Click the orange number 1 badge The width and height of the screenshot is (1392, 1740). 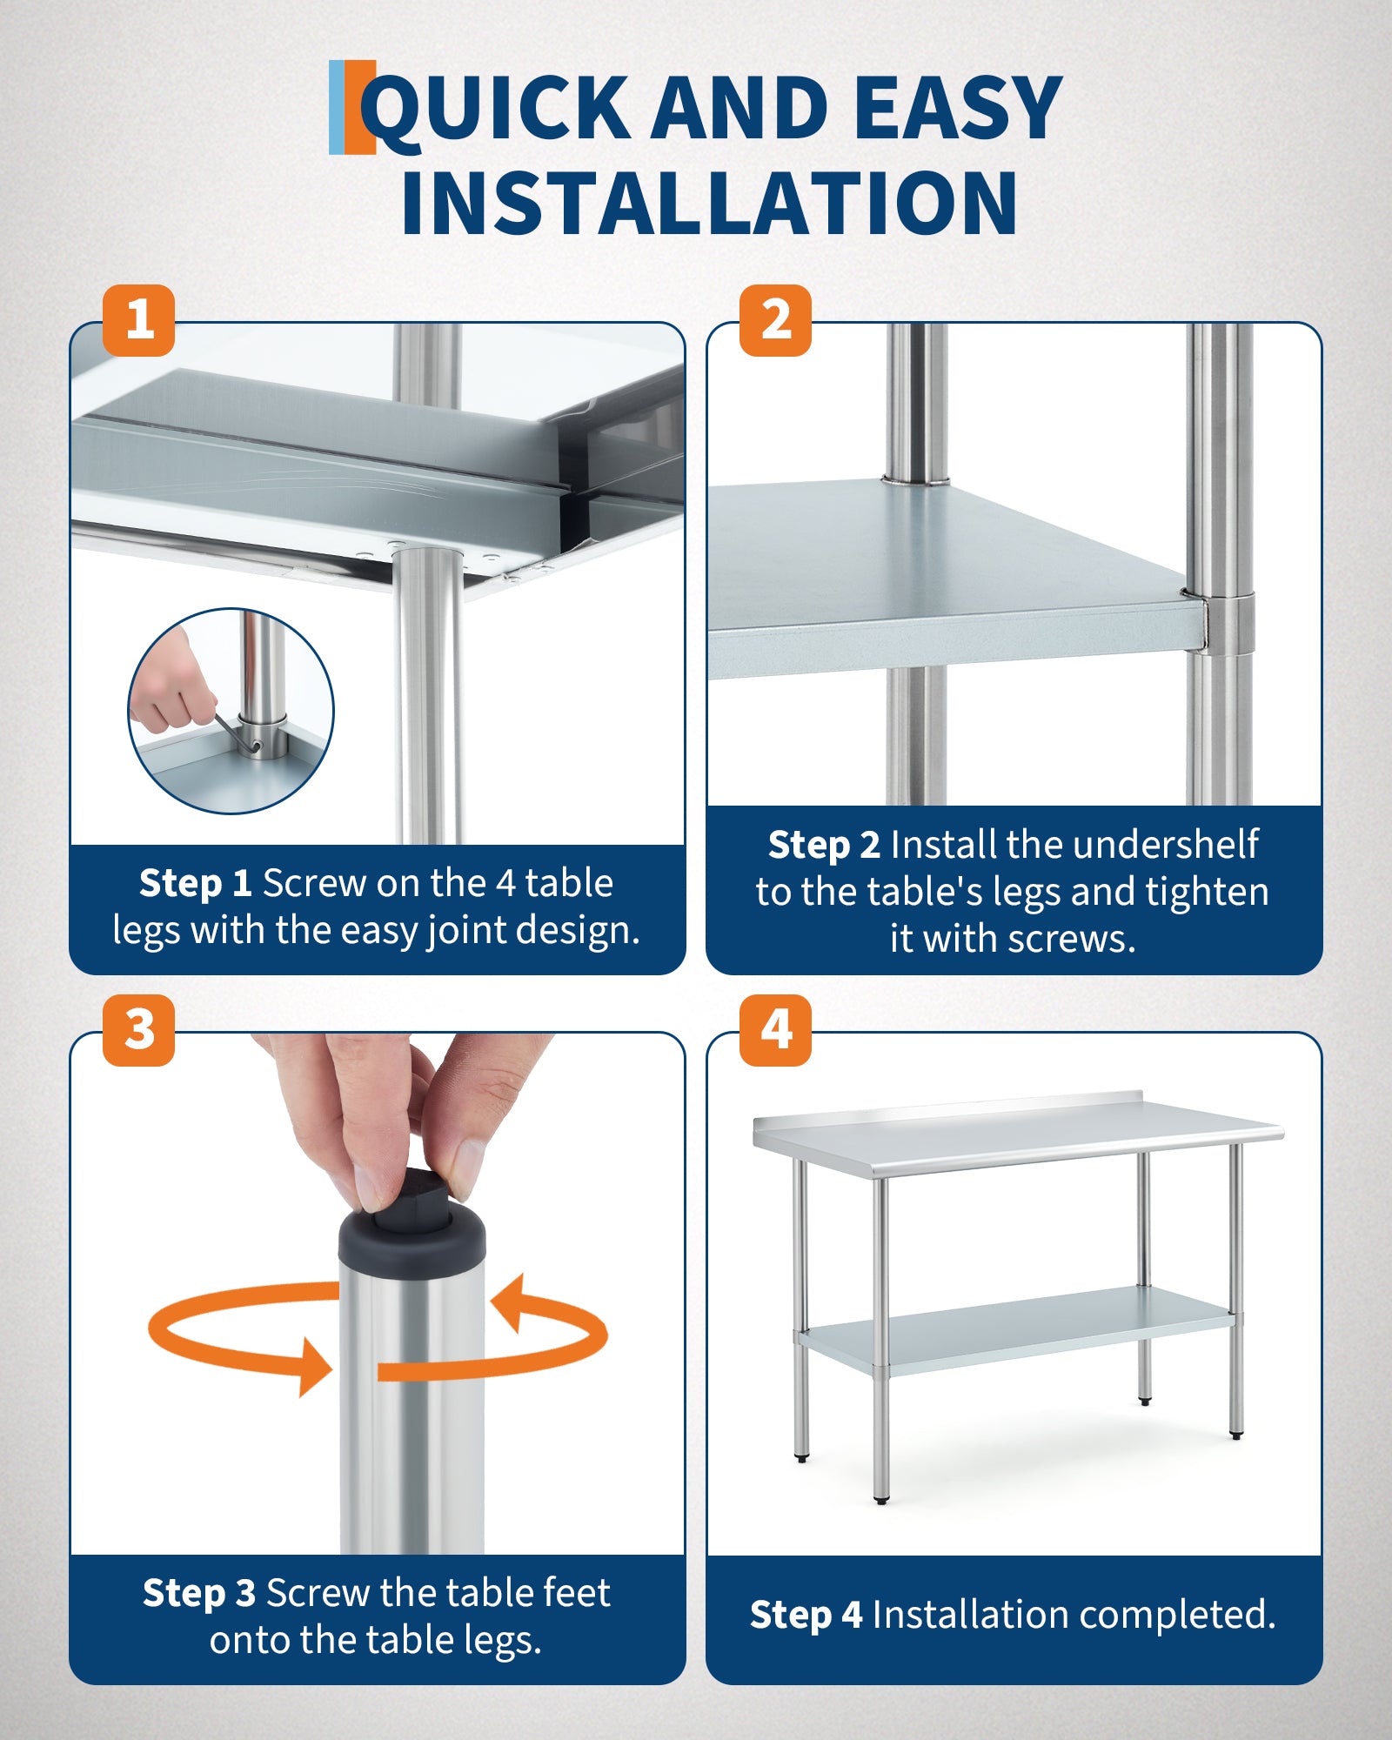pyautogui.click(x=139, y=320)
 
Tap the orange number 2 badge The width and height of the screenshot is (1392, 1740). pyautogui.click(x=775, y=320)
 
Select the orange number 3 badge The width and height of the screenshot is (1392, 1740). pyautogui.click(x=139, y=1030)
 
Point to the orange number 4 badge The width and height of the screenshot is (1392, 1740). pyautogui.click(x=775, y=1030)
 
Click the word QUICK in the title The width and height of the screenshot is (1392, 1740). pyautogui.click(x=496, y=110)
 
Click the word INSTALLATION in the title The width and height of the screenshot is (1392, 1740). pyautogui.click(x=709, y=203)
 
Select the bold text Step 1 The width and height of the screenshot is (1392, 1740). pyautogui.click(x=196, y=883)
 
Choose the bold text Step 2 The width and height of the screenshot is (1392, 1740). pyautogui.click(x=824, y=845)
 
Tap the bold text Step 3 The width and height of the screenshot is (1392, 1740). pyautogui.click(x=199, y=1593)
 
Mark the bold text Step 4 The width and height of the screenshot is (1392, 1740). pyautogui.click(x=806, y=1615)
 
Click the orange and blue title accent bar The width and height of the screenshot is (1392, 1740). pyautogui.click(x=352, y=107)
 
